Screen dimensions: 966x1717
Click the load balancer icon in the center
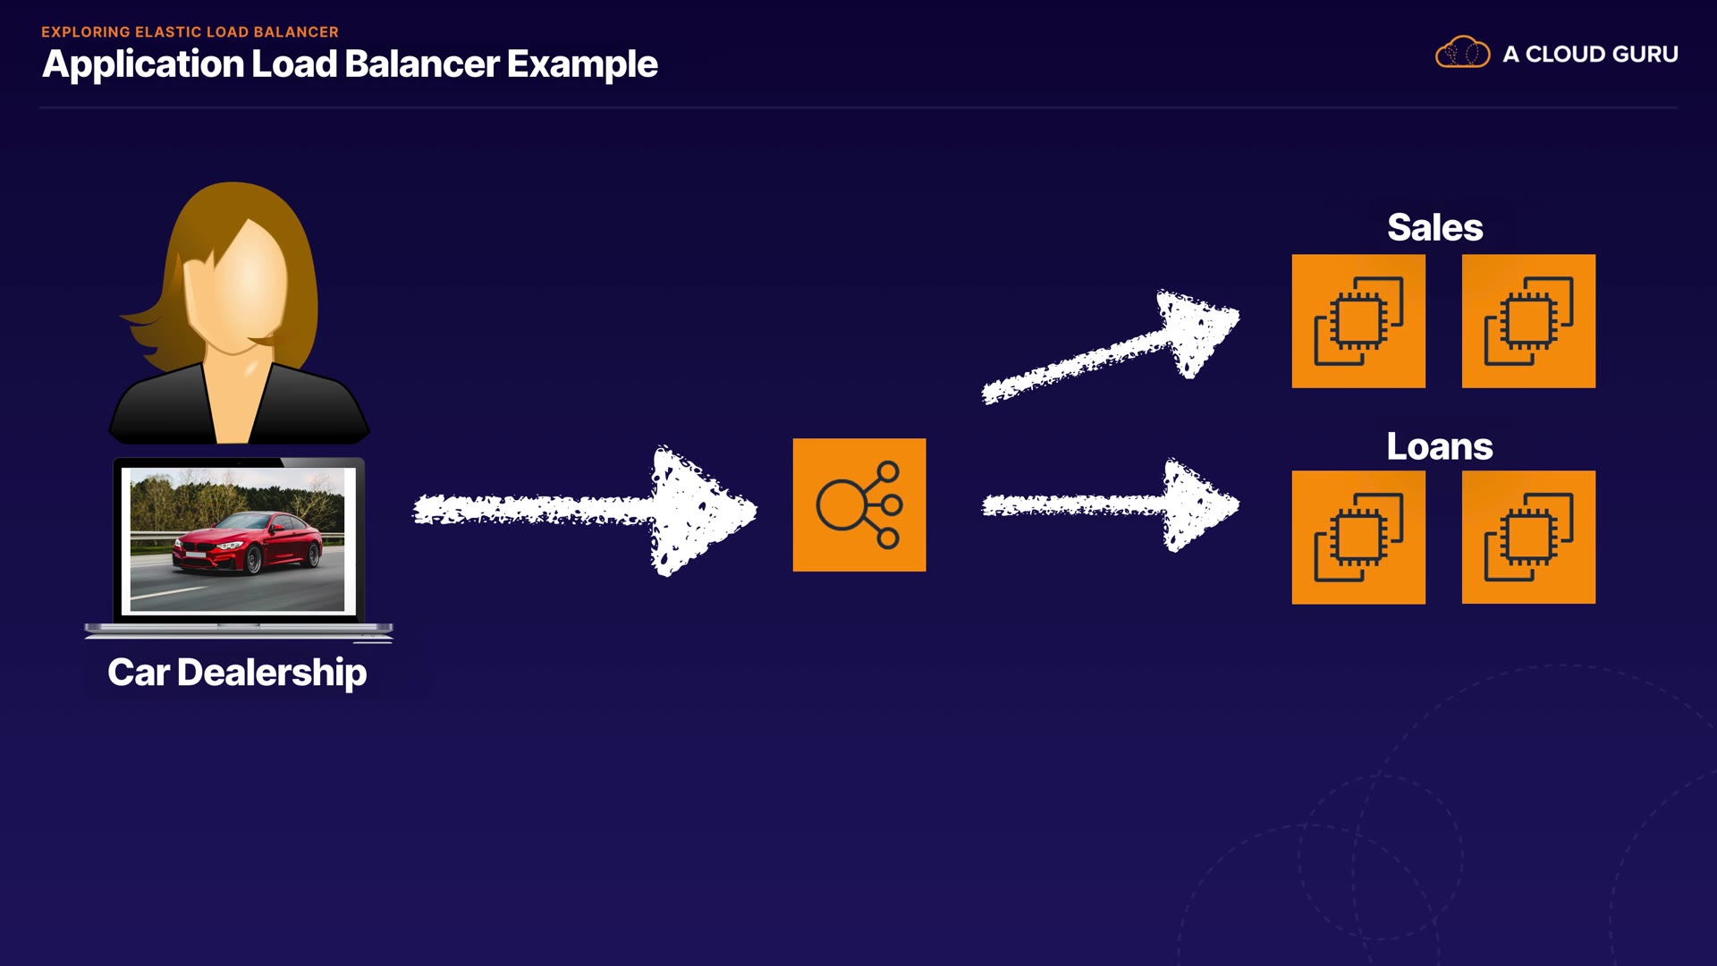858,504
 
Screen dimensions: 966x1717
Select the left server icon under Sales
1358,321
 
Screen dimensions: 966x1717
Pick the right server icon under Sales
1527,321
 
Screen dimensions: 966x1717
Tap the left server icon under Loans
1358,538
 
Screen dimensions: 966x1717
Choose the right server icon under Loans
1527,538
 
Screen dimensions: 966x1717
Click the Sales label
1434,228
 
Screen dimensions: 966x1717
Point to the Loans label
1439,446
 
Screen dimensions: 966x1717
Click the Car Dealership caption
237,673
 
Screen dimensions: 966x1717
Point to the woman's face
238,286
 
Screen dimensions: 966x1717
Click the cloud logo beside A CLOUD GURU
1462,53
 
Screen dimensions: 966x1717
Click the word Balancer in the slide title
421,64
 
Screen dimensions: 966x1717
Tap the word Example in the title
582,64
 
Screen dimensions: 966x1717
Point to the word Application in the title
143,64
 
